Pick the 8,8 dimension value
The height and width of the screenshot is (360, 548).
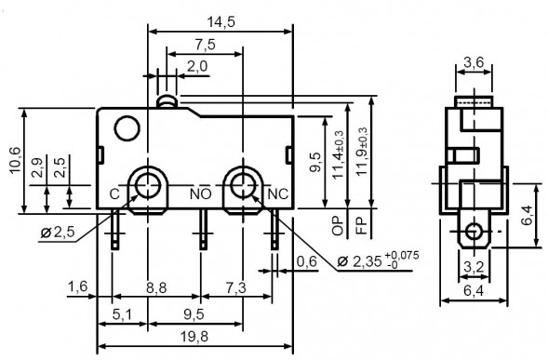point(158,291)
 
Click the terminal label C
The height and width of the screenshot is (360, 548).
point(114,193)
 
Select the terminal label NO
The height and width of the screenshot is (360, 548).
point(200,193)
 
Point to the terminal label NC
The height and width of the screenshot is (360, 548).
point(277,193)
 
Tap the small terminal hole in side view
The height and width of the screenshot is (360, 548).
point(475,230)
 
